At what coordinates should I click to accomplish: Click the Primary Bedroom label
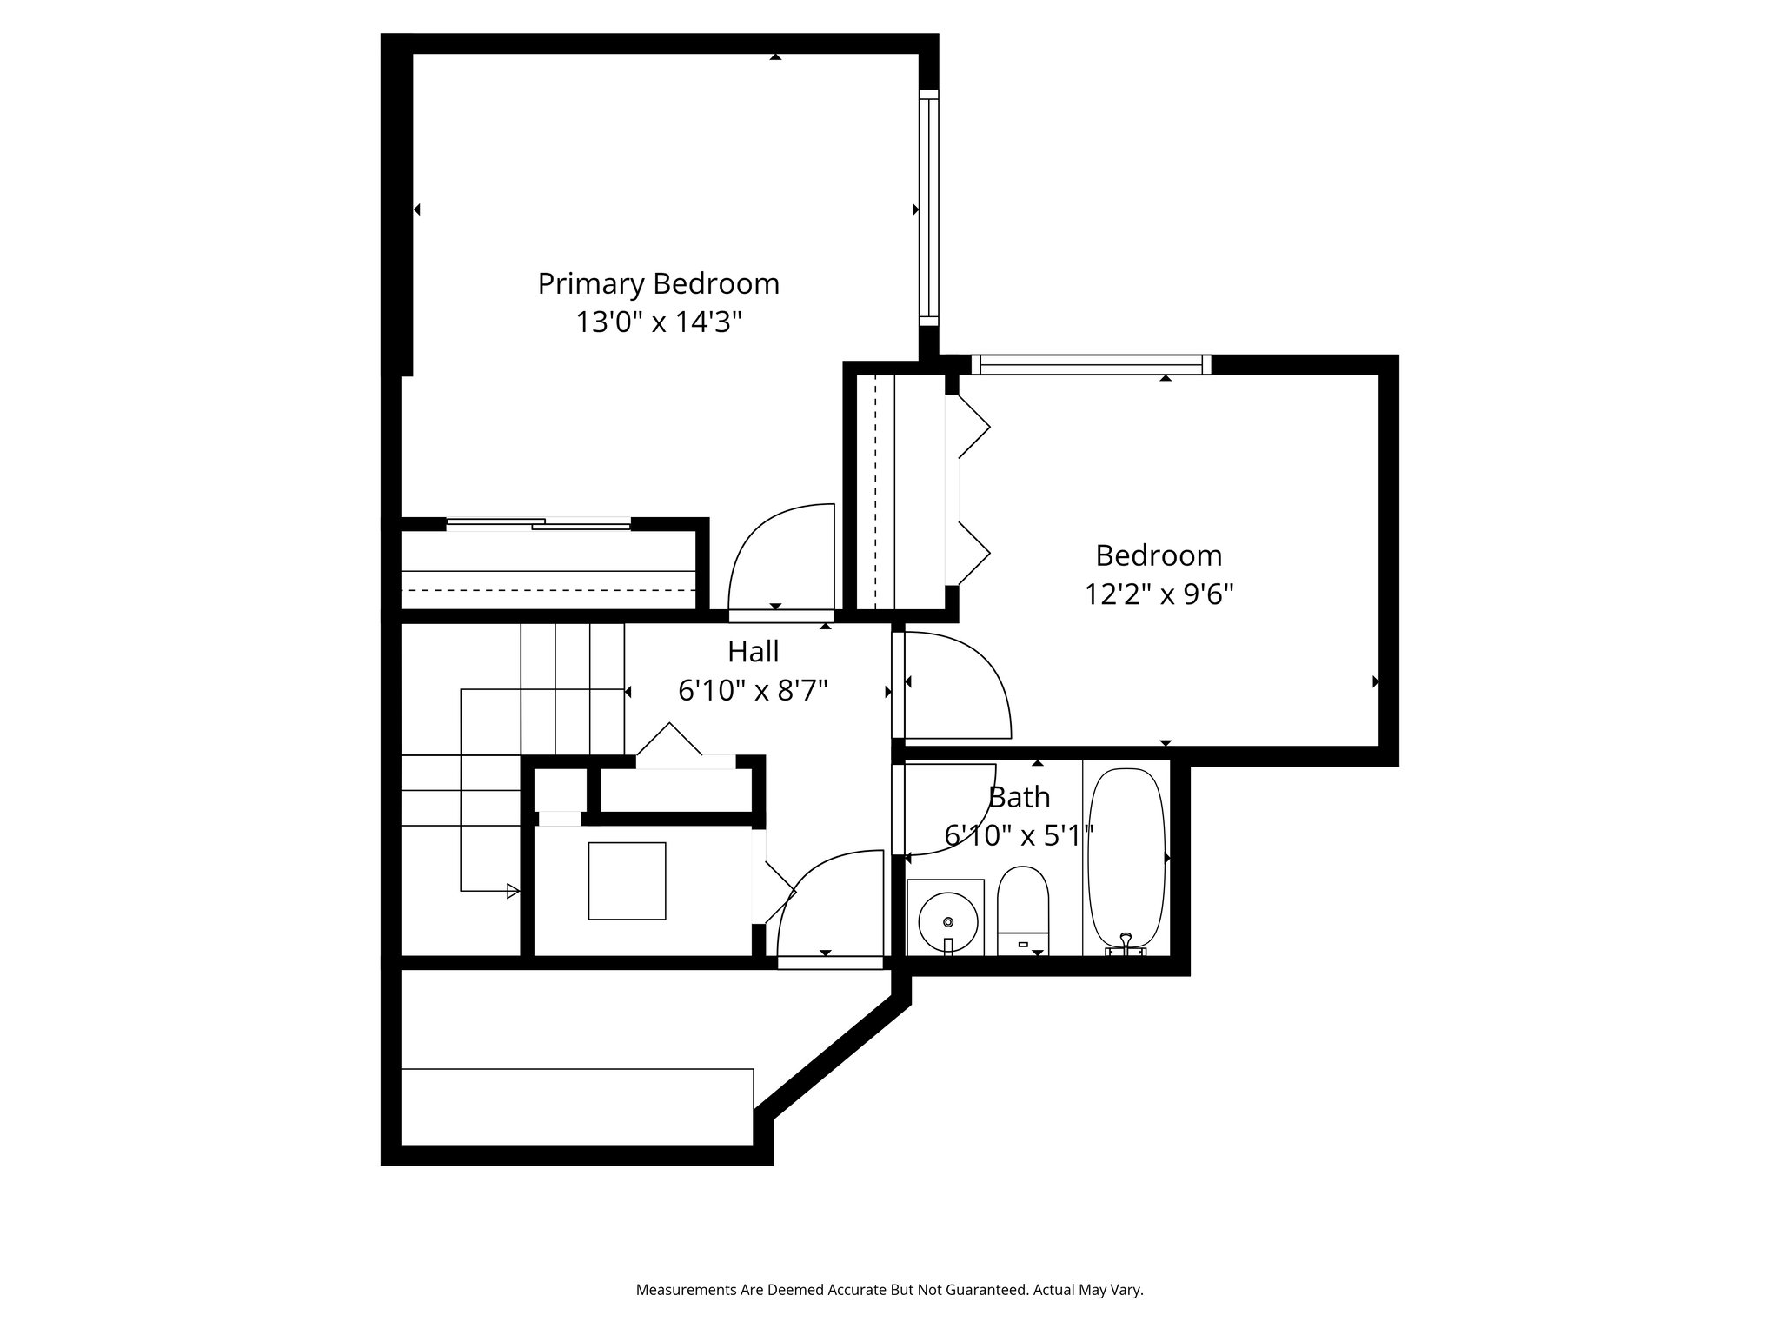[x=658, y=284]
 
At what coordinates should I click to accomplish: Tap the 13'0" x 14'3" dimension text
[x=658, y=322]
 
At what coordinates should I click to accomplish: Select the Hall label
[x=753, y=651]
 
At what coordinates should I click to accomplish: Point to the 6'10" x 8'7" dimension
[x=753, y=690]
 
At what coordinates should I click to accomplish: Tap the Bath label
[x=1020, y=797]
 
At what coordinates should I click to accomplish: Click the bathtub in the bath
[x=1126, y=858]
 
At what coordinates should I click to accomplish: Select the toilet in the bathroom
[x=1023, y=910]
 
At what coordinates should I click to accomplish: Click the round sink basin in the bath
[x=947, y=921]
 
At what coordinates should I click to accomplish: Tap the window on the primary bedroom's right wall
[x=929, y=208]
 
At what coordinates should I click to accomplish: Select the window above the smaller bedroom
[x=1091, y=364]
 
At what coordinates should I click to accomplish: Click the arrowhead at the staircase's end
[x=514, y=891]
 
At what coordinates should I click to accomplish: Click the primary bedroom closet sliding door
[x=539, y=523]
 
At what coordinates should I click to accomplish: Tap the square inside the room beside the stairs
[x=628, y=880]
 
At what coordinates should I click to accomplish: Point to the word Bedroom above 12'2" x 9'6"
[x=1159, y=555]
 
